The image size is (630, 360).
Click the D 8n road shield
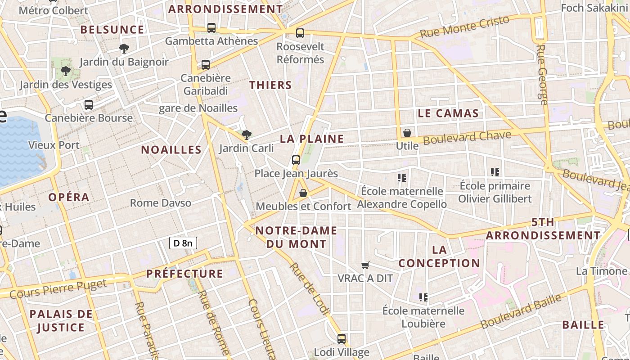[183, 243]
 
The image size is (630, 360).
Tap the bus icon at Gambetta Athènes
[211, 28]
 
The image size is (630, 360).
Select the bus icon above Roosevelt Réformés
[300, 33]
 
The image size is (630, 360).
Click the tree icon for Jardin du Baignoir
[124, 49]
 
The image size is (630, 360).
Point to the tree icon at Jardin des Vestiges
[66, 71]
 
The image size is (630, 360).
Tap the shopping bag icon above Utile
[407, 133]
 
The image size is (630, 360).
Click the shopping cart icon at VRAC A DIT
[365, 265]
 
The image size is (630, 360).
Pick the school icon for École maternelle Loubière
[423, 297]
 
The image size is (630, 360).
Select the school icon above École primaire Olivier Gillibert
[495, 172]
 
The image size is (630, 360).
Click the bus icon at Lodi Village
[342, 339]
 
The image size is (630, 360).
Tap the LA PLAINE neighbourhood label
[312, 139]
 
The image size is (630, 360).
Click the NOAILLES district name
[171, 150]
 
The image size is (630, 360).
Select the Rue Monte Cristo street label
[464, 26]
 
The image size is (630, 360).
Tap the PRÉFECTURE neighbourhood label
[184, 274]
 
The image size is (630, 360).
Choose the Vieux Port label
[54, 145]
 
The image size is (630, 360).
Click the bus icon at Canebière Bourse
[89, 105]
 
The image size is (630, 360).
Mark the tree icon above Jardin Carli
[246, 135]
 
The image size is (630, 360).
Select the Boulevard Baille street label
[521, 310]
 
